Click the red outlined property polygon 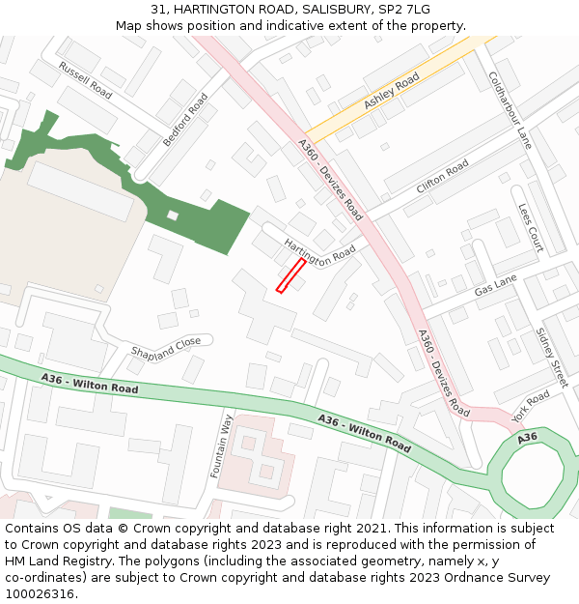click(x=290, y=274)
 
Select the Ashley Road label click(x=392, y=91)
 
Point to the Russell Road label click(x=85, y=79)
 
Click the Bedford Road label click(x=185, y=120)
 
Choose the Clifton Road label click(x=442, y=176)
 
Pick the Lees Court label click(x=531, y=227)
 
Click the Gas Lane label click(x=496, y=285)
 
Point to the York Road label click(x=531, y=405)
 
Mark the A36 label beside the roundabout click(x=527, y=438)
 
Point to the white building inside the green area click(x=173, y=216)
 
